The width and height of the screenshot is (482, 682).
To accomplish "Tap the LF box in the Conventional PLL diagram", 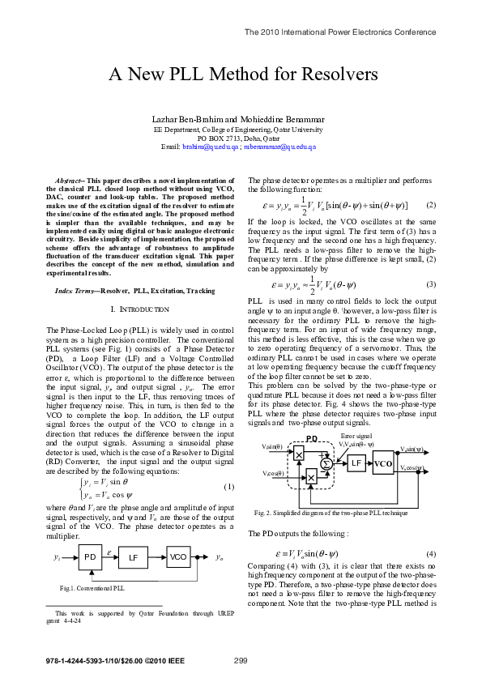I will point(134,558).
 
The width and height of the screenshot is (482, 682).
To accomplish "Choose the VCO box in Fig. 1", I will point(178,558).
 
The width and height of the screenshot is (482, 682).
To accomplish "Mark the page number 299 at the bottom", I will point(241,661).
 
